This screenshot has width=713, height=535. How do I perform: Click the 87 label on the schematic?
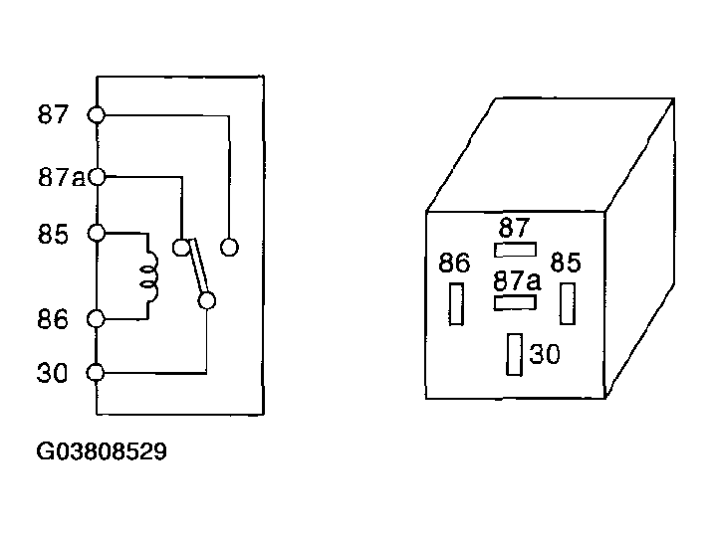coord(53,114)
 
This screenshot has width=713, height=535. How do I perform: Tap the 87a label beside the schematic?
coord(61,178)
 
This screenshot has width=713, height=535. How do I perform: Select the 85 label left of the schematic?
coord(53,235)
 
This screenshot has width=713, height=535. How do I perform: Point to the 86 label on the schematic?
coord(53,319)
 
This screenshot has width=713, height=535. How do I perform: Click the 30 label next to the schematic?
coord(52,373)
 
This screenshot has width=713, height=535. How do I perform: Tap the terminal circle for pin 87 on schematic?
coord(96,115)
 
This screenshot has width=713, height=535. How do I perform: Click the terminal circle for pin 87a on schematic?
coord(97,177)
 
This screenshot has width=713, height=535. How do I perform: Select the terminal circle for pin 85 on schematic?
coord(97,234)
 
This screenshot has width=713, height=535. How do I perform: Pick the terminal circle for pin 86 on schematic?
coord(96,319)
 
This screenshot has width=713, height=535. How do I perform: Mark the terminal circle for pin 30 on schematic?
coord(96,373)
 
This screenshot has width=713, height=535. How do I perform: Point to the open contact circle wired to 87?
coord(229,248)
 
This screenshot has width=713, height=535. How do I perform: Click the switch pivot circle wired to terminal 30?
coord(207,301)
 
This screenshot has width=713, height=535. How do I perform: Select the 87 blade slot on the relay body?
coord(515,250)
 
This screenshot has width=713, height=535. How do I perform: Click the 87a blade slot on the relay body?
coord(515,303)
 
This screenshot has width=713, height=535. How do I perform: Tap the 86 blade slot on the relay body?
coord(456,304)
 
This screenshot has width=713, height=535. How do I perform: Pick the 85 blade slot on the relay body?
coord(568,303)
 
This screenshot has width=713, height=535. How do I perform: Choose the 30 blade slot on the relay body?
coord(515,354)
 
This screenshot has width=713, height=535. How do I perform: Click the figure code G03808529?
coord(102,451)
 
